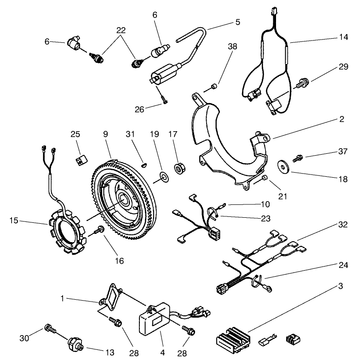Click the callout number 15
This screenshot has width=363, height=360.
click(14, 221)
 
